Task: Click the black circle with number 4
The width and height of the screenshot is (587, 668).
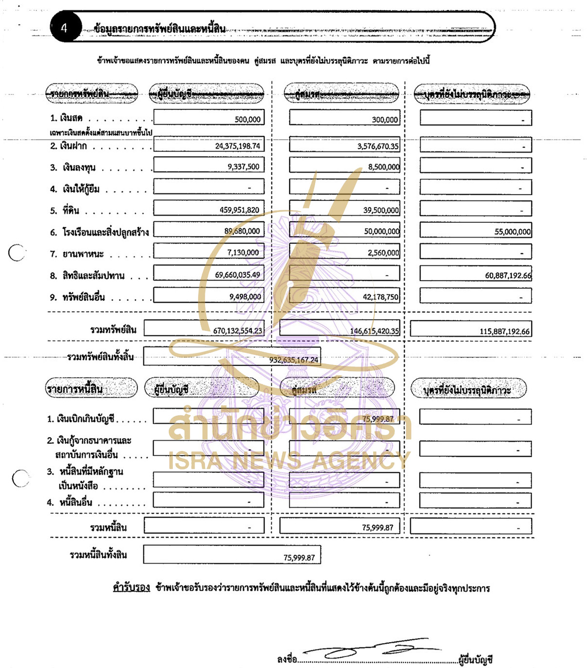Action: (x=65, y=27)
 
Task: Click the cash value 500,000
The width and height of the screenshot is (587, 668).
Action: (x=248, y=119)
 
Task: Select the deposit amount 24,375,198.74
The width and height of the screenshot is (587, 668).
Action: (x=238, y=146)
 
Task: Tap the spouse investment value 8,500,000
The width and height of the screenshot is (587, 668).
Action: (x=384, y=167)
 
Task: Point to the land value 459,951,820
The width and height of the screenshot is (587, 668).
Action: (x=239, y=210)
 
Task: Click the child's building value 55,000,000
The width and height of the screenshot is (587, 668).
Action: (x=512, y=232)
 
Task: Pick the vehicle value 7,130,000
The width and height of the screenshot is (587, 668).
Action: (x=243, y=253)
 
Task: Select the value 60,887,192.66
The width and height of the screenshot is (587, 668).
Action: (x=508, y=276)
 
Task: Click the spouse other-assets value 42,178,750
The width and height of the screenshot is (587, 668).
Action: (x=381, y=297)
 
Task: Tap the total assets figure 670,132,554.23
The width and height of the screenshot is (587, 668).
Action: (x=237, y=331)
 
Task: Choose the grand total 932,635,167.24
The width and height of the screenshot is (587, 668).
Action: (x=293, y=360)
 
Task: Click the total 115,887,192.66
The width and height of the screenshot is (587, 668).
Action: (x=504, y=331)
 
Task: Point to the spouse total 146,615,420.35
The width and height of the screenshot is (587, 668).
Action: (x=374, y=331)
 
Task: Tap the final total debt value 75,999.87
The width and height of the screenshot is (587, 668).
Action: (x=299, y=558)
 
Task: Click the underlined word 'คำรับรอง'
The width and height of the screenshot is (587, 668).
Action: (x=131, y=587)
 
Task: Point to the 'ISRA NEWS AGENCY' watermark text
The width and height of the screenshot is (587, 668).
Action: (x=289, y=460)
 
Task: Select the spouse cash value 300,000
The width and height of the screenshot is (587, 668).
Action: (x=384, y=120)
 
